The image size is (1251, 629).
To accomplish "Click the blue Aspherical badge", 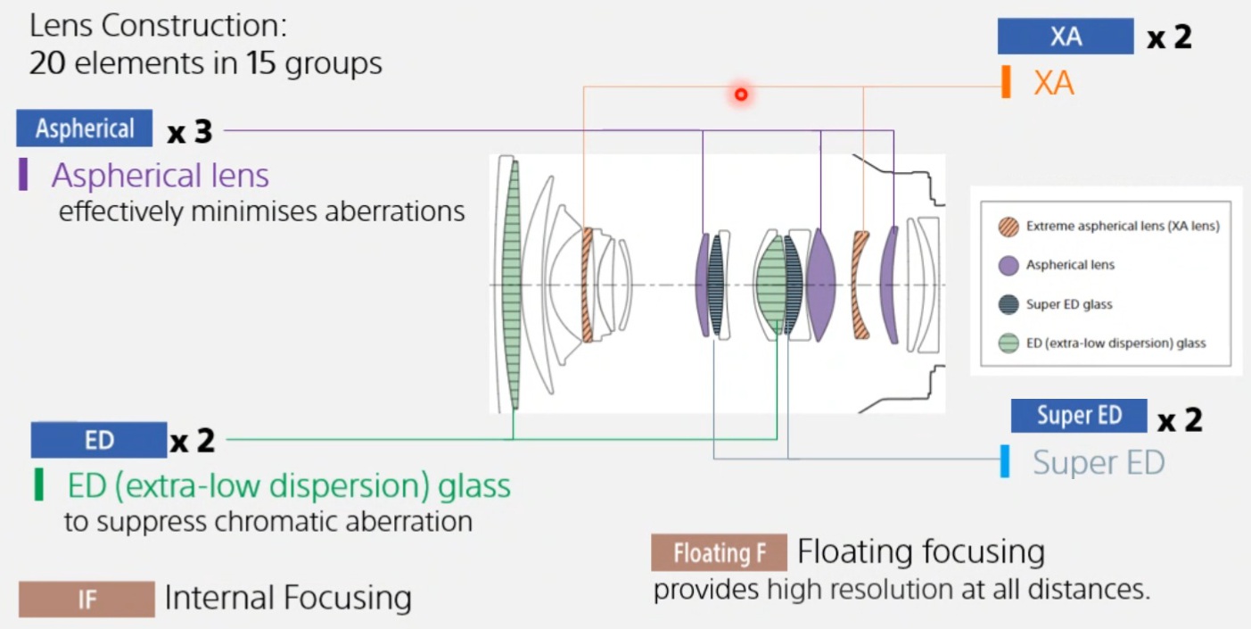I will tap(85, 128).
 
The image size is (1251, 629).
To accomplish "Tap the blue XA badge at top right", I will tap(1066, 37).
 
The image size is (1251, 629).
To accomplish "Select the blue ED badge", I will tap(99, 440).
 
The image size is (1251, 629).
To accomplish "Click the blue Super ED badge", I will tap(1078, 416).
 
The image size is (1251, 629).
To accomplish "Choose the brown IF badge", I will tap(86, 599).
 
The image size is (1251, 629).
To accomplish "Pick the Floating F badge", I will tap(719, 553).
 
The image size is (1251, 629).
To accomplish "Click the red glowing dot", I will tap(740, 94).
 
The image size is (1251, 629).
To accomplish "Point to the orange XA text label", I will tap(1053, 83).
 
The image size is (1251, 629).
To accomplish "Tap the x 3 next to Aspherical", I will tap(189, 132).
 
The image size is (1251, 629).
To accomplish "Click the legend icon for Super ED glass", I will tap(1008, 304).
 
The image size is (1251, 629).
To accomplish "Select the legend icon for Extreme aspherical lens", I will tap(1008, 227).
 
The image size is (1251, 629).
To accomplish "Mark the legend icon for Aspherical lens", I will tap(1008, 265).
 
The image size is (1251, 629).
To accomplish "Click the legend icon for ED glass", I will tap(1008, 343).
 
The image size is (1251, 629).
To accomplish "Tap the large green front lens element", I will tap(512, 284).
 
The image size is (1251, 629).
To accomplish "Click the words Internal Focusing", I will tap(288, 599).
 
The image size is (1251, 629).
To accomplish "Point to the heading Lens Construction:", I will tap(158, 25).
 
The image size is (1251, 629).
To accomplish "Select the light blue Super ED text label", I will tap(1099, 462).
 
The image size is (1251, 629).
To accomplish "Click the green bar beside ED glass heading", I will tap(38, 484).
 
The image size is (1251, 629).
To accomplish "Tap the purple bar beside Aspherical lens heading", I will tap(23, 175).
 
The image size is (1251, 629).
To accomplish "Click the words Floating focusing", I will tap(920, 551).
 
